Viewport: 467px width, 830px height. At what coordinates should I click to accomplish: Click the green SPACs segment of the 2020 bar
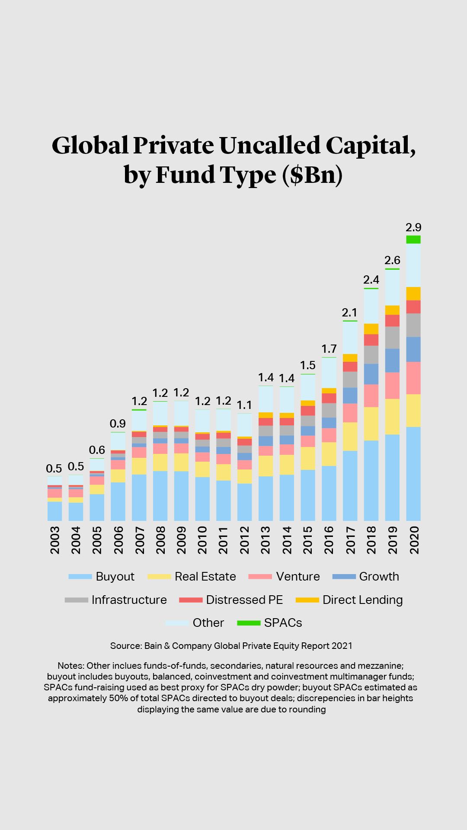(x=413, y=239)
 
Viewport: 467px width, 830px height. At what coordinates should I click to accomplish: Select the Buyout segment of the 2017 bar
(x=350, y=485)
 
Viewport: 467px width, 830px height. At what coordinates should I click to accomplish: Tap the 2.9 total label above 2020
(x=413, y=227)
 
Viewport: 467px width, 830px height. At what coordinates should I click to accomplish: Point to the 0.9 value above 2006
(x=118, y=424)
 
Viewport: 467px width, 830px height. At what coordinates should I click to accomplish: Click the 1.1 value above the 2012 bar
(x=244, y=405)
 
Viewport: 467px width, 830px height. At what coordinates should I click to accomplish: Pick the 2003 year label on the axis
(x=55, y=540)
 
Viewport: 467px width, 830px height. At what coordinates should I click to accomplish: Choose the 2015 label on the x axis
(x=307, y=540)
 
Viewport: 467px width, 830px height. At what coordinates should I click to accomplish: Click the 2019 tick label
(x=392, y=540)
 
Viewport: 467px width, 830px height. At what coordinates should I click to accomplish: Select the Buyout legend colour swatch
(x=80, y=577)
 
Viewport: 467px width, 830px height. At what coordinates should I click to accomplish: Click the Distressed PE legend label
(x=244, y=600)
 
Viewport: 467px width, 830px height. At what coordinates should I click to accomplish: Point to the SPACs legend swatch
(x=249, y=623)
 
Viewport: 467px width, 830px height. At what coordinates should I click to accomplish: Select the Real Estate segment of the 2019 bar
(x=392, y=416)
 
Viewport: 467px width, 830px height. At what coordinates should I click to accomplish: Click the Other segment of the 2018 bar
(x=371, y=306)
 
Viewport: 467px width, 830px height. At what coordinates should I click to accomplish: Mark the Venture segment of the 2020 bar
(x=413, y=378)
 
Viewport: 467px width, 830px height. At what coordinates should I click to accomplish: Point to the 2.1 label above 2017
(x=349, y=313)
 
